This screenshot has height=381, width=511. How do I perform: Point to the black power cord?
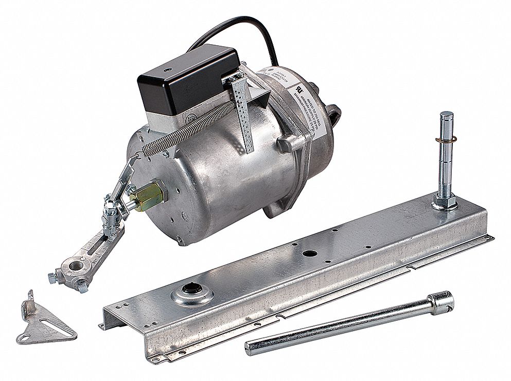(242, 26)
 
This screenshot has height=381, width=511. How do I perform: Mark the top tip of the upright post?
(447, 114)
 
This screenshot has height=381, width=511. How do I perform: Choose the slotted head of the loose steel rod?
(443, 302)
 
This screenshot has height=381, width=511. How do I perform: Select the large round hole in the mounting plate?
(308, 253)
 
